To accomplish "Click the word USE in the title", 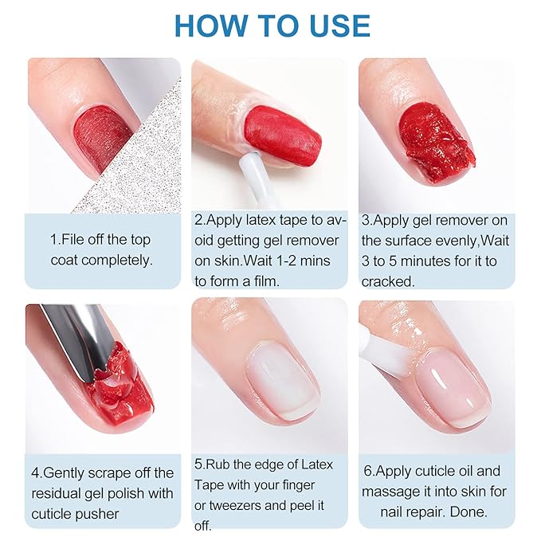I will (x=335, y=25).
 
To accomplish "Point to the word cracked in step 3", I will (x=387, y=281).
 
